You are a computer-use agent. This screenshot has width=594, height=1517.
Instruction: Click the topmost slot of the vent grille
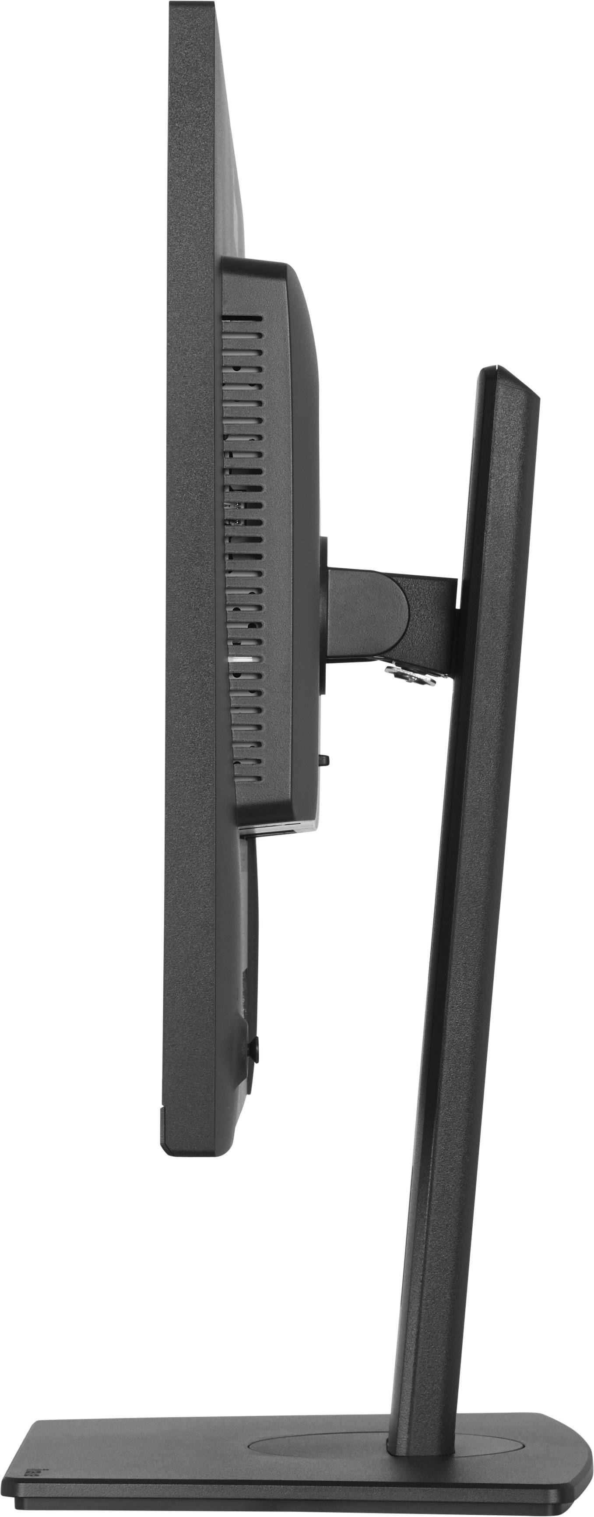242,318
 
